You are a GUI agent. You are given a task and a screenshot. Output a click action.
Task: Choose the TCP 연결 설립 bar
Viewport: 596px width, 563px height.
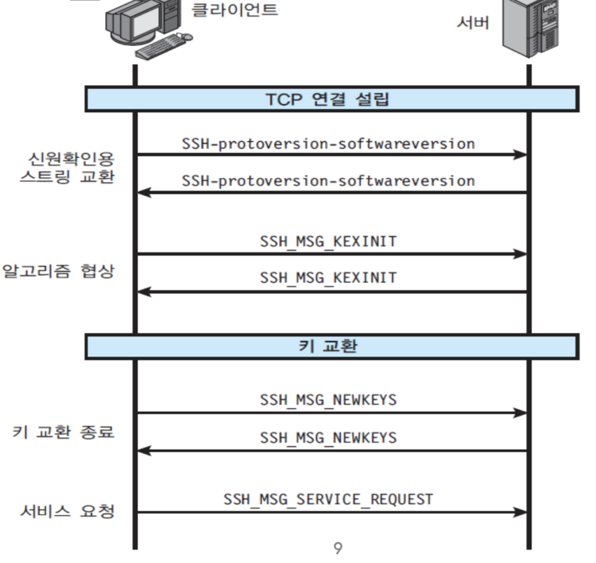pos(332,99)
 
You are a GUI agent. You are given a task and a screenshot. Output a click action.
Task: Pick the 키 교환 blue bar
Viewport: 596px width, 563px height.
pos(332,346)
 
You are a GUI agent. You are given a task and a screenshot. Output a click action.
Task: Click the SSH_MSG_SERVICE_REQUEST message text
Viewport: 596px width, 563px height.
pos(328,499)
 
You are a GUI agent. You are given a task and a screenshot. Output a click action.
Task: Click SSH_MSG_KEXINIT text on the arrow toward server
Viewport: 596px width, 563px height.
pos(328,242)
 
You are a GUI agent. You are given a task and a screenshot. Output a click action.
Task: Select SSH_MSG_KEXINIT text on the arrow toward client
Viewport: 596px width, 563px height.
pos(328,278)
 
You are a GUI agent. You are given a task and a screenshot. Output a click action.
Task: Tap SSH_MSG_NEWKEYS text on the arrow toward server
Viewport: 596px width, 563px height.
pos(328,400)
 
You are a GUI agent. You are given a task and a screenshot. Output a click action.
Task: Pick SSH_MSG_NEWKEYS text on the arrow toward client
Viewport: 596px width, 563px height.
pos(328,438)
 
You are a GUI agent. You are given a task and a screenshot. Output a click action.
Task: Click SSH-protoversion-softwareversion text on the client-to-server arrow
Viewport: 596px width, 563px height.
pos(328,143)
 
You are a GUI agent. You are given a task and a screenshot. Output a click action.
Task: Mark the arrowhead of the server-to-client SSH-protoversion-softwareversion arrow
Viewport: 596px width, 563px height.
pos(144,192)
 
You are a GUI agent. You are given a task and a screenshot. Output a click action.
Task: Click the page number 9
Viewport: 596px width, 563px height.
pos(338,546)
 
